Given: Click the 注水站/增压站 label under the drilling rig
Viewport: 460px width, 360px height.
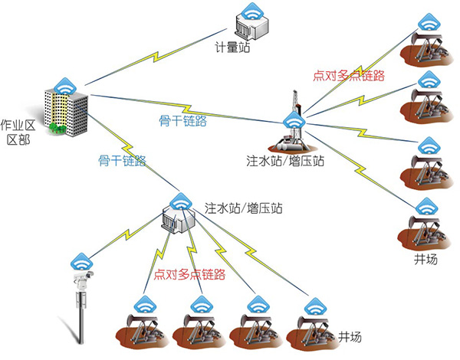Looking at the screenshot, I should [x=285, y=162].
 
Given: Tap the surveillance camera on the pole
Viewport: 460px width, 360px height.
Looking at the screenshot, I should [x=80, y=274].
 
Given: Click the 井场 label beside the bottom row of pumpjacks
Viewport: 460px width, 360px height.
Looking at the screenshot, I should [x=350, y=337].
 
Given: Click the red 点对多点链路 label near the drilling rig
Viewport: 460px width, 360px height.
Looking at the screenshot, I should [x=349, y=76].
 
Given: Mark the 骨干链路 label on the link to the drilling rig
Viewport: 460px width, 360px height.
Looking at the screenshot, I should [x=182, y=120].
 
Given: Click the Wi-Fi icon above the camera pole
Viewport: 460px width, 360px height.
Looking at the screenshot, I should [x=80, y=257].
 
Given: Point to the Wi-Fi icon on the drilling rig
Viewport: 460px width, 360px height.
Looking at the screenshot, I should [x=292, y=121].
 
